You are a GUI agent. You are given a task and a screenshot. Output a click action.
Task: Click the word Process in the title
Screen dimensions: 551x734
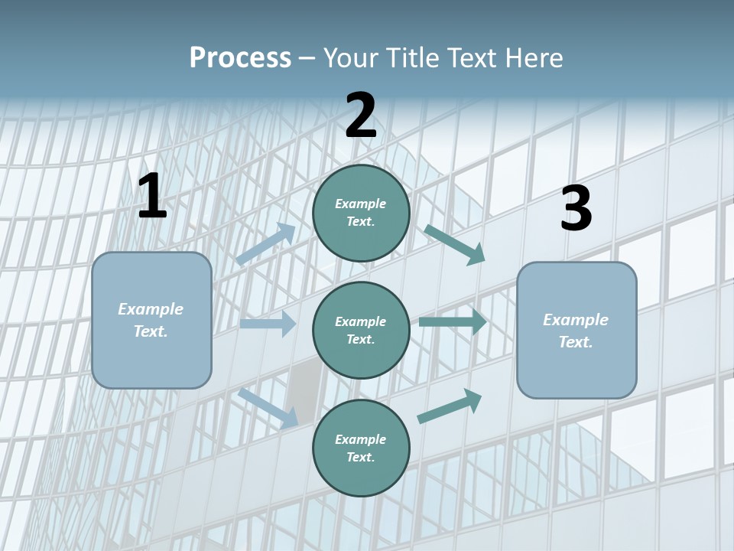point(240,58)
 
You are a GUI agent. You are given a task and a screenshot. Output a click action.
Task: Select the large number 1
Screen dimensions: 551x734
point(151,197)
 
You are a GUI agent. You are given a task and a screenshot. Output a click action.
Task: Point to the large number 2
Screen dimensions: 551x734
point(361,116)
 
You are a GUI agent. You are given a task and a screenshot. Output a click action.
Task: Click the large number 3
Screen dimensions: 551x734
point(576,209)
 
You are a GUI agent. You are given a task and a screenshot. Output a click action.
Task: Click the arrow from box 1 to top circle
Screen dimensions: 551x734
point(265,244)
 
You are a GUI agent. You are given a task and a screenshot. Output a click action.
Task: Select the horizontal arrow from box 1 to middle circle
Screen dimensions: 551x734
point(268,324)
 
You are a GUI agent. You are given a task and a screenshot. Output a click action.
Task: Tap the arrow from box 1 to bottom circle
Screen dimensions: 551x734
point(268,408)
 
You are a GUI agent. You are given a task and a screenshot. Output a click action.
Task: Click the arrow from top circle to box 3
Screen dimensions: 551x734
point(455,244)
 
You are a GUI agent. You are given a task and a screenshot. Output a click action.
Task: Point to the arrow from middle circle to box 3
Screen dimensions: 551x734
point(453,322)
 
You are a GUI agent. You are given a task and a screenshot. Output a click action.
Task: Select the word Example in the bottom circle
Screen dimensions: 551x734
point(361,439)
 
